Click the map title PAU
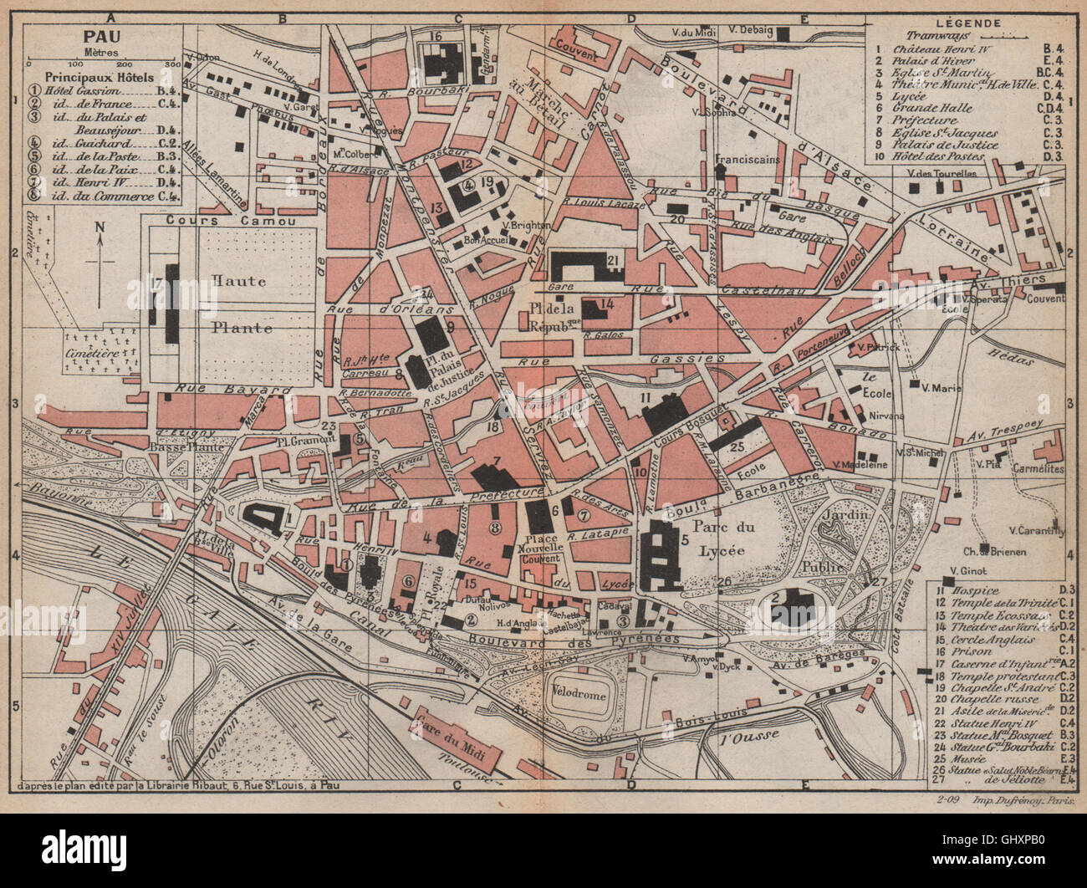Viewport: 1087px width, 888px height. click(x=100, y=37)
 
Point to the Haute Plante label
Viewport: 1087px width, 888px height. click(x=240, y=304)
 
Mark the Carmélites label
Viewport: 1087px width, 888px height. click(x=1037, y=469)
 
